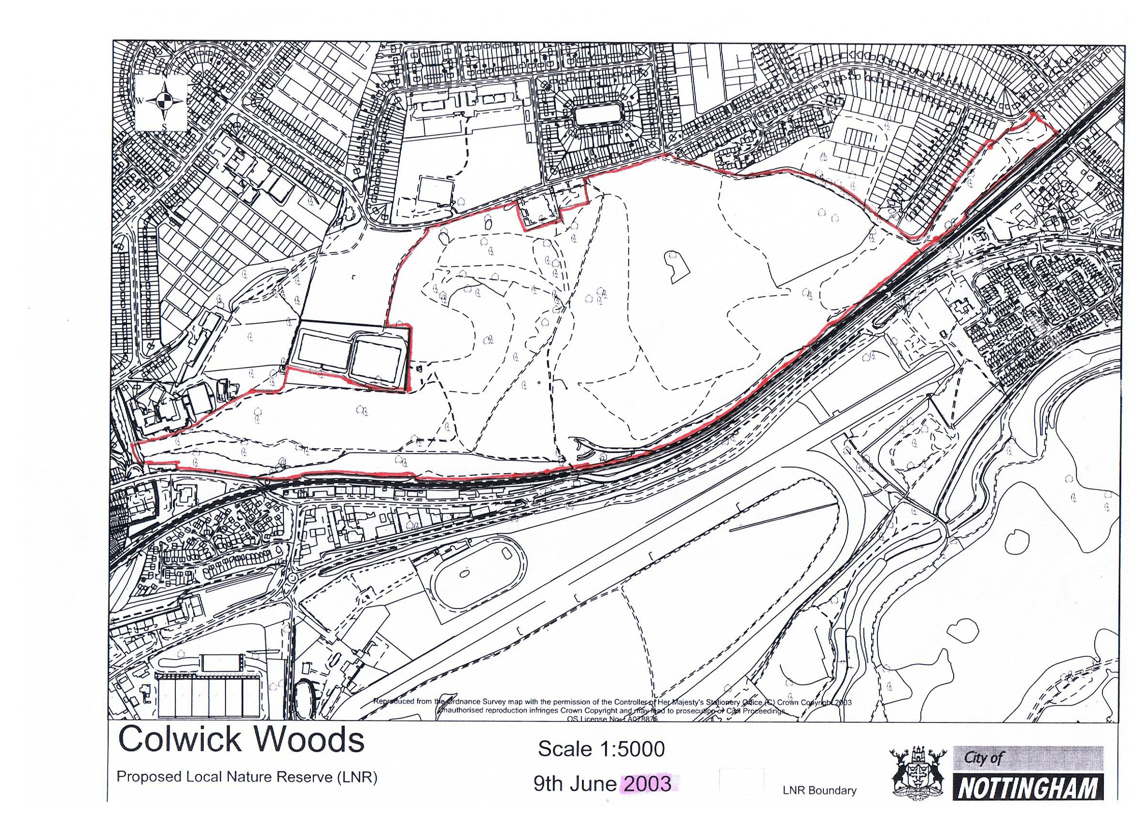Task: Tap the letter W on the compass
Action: pos(141,100)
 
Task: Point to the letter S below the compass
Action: pos(164,126)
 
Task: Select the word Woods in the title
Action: pos(307,739)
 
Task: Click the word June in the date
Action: pos(593,784)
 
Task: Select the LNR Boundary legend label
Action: pos(819,790)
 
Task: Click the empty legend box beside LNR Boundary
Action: pos(742,781)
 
